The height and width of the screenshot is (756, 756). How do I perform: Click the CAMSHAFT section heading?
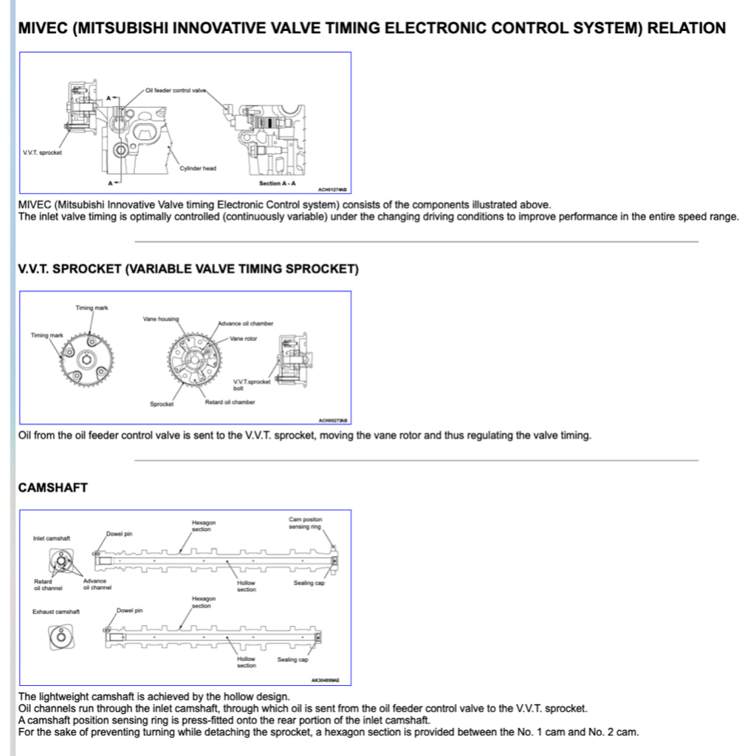pos(52,488)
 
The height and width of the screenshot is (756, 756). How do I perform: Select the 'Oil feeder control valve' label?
pos(176,90)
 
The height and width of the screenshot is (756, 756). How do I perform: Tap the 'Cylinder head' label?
pos(198,168)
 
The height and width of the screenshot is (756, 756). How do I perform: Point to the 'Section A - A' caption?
pos(277,183)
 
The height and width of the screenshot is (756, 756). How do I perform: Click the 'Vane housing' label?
pos(160,319)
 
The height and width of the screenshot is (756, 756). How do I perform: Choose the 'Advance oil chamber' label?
pos(245,323)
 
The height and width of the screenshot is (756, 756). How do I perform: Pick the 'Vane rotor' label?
pos(243,338)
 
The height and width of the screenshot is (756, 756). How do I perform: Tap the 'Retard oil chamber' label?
pos(230,402)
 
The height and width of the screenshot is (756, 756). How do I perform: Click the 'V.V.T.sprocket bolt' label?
pos(252,385)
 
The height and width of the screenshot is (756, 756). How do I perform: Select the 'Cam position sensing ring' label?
pos(305,523)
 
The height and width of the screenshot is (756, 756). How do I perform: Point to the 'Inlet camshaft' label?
pos(52,538)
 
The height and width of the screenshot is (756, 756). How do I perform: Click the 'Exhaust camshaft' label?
pos(56,611)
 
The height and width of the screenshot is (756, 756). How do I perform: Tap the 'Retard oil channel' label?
pos(48,585)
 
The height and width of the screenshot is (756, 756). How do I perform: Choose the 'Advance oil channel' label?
pos(97,585)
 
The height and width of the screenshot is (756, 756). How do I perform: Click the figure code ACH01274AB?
pos(332,190)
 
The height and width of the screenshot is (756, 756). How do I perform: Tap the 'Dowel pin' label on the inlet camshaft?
pos(119,533)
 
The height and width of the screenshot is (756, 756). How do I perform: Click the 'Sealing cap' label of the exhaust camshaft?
pos(292,659)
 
